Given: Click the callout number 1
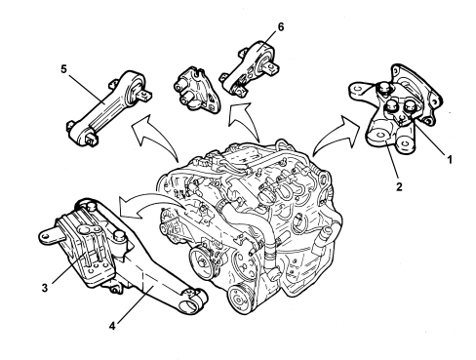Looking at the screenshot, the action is coord(450,160).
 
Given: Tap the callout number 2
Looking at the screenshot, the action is coord(399,187).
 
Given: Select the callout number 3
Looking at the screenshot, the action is coord(45,288).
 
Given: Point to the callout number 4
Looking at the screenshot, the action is coord(112,326).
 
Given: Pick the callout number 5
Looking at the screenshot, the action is coord(63,69).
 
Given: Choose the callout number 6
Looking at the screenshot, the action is coord(281,26).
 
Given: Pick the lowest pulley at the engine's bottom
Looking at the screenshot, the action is coord(240,300).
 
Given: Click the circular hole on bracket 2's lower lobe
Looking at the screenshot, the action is coord(379,135).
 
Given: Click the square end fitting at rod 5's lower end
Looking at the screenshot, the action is coord(90,140).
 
